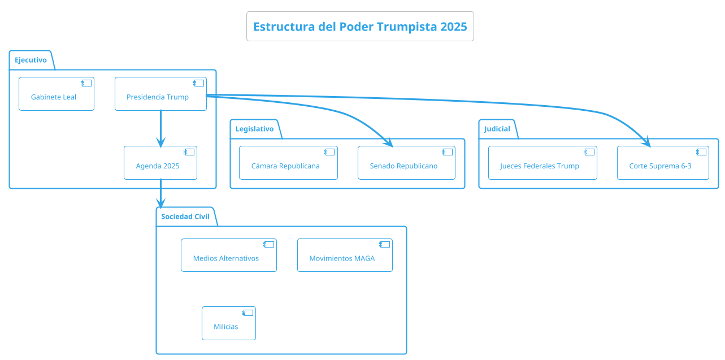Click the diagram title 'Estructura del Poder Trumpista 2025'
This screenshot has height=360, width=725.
tap(360, 27)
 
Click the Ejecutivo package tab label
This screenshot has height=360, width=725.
tap(31, 60)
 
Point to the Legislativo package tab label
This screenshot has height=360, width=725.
tap(254, 129)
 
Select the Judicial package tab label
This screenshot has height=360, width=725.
tap(497, 129)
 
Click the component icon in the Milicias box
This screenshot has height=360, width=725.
tap(248, 313)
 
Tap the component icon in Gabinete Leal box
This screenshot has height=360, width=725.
tap(86, 83)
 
